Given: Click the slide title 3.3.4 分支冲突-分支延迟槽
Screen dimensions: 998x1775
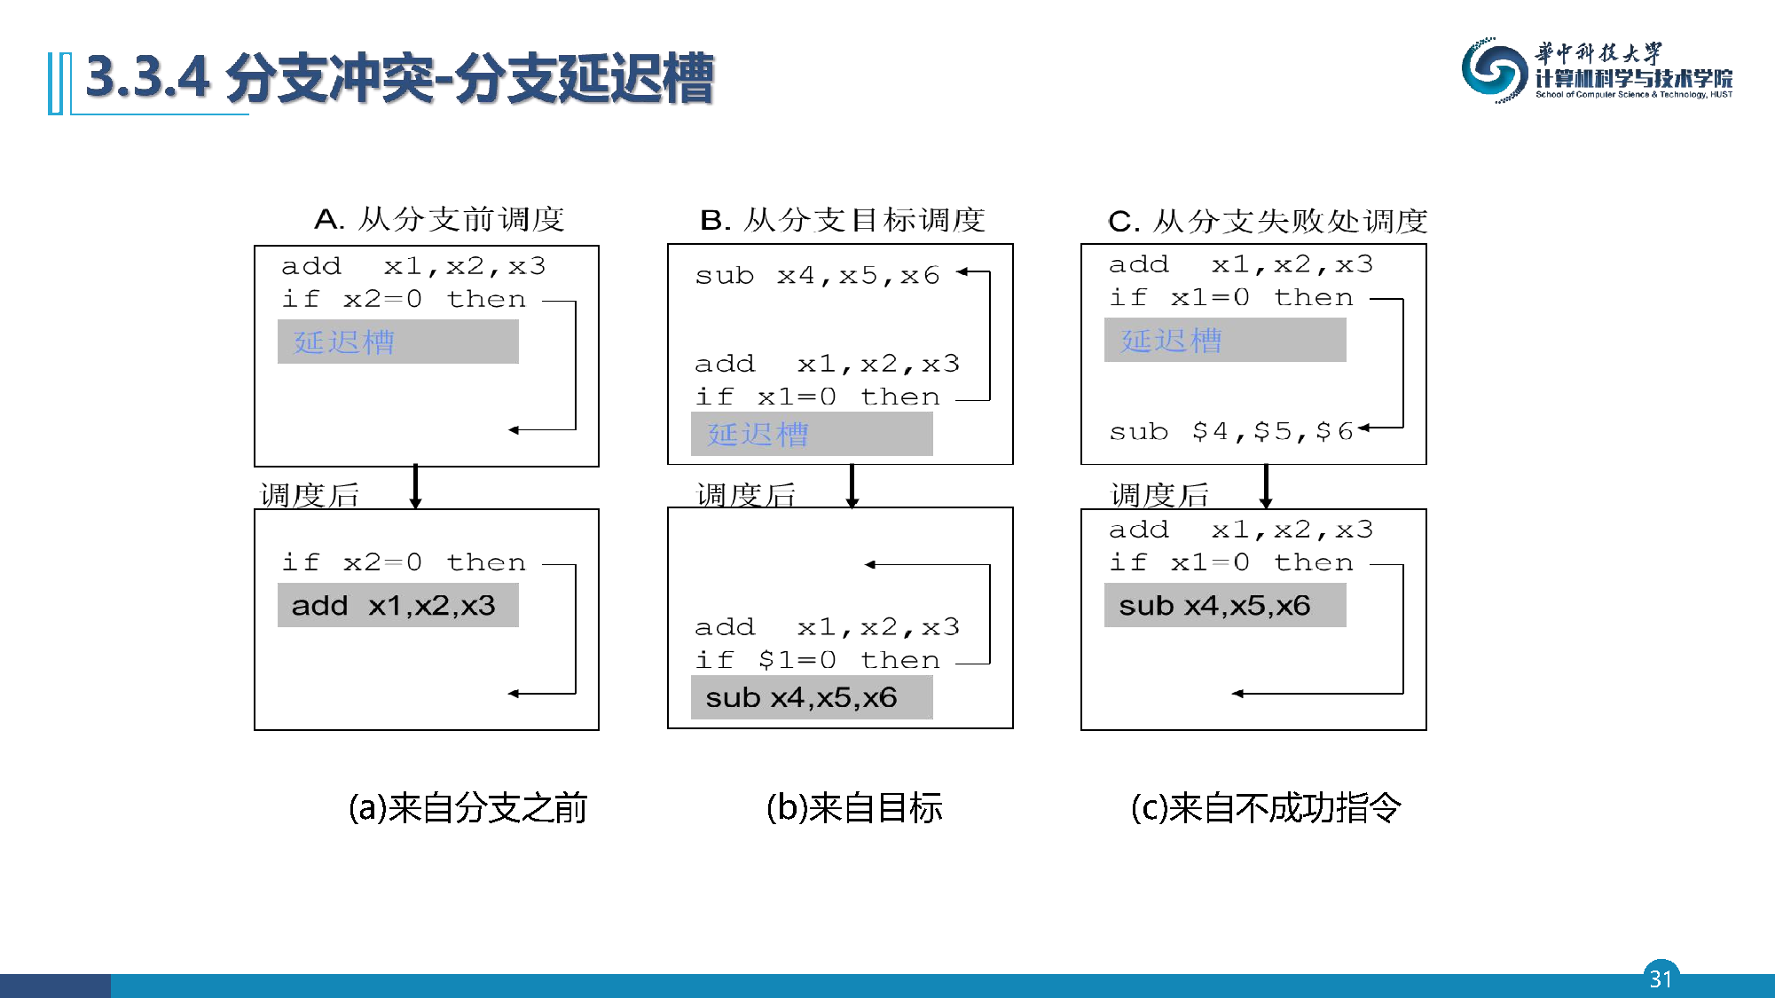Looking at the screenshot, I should pyautogui.click(x=399, y=78).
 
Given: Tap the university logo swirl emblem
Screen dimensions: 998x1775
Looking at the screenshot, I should pyautogui.click(x=1493, y=70).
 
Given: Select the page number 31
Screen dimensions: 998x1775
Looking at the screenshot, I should pyautogui.click(x=1661, y=978).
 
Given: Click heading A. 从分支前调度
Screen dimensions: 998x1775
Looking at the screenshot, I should pyautogui.click(x=439, y=219).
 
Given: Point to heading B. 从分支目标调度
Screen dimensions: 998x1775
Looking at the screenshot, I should pyautogui.click(x=842, y=219).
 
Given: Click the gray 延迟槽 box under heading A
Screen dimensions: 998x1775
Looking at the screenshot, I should pyautogui.click(x=397, y=342).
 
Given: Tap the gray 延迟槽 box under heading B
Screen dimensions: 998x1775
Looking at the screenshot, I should pyautogui.click(x=811, y=434).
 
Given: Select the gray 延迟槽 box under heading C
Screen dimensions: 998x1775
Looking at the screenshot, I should pyautogui.click(x=1224, y=341).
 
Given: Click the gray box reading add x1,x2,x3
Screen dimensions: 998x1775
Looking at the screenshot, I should pyautogui.click(x=397, y=605).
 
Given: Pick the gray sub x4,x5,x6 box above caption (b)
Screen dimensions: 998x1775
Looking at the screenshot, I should pyautogui.click(x=811, y=697).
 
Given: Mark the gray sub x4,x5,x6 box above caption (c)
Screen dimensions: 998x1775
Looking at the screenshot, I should pyautogui.click(x=1224, y=605).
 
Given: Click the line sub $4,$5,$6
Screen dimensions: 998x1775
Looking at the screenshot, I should pyautogui.click(x=1230, y=432).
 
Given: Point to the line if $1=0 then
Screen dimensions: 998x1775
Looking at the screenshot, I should pyautogui.click(x=816, y=660).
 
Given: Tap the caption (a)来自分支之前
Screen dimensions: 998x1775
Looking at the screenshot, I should pyautogui.click(x=467, y=808).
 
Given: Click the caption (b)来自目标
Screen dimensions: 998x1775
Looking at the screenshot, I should pyautogui.click(x=853, y=808).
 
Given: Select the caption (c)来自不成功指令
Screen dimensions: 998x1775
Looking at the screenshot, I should pyautogui.click(x=1266, y=808).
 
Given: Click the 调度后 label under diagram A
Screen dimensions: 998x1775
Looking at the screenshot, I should pyautogui.click(x=310, y=495).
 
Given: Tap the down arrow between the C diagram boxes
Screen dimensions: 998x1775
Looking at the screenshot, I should pyautogui.click(x=1266, y=485).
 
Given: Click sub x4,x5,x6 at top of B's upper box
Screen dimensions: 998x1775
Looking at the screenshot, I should pyautogui.click(x=816, y=276).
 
